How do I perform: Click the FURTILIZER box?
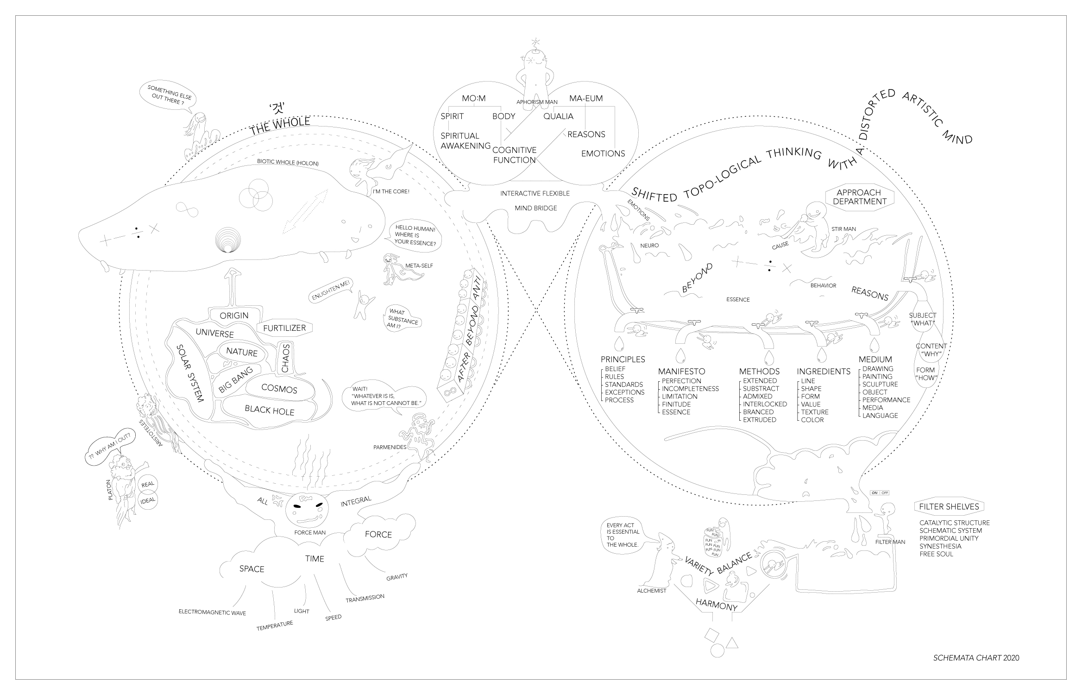coord(284,328)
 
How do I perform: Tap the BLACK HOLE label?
coord(270,410)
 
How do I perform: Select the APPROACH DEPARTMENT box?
coord(860,197)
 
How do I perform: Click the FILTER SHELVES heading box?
coord(949,507)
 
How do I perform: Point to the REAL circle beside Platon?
coord(148,484)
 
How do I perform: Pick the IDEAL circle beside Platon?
coord(148,500)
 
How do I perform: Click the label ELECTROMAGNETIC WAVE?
coord(212,613)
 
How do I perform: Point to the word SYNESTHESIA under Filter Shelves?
coord(940,546)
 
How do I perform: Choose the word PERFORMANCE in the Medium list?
coord(886,400)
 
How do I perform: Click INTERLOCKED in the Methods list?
coord(765,404)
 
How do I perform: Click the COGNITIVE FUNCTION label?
coord(514,155)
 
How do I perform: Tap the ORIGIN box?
coord(234,316)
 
